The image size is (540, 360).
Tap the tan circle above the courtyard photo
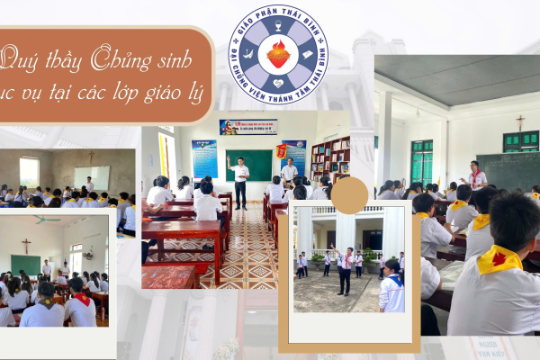pyautogui.click(x=349, y=195)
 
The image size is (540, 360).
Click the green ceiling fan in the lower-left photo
pyautogui.click(x=44, y=219)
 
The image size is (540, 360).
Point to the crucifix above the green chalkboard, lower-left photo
pyautogui.click(x=23, y=243)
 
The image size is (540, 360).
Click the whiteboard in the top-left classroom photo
pyautogui.click(x=92, y=177)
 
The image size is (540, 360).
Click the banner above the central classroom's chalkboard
pyautogui.click(x=248, y=127)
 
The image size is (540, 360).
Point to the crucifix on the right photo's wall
pyautogui.click(x=520, y=122)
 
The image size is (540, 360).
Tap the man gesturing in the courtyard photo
pyautogui.click(x=345, y=268)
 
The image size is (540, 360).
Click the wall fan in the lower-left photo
pyautogui.click(x=88, y=254)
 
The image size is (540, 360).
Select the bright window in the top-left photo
pyautogui.click(x=30, y=171)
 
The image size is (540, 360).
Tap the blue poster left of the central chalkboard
pyautogui.click(x=204, y=158)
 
